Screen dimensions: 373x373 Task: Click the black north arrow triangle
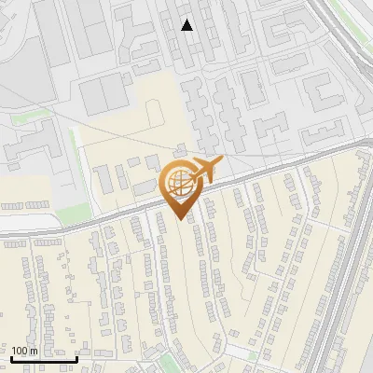[187, 25]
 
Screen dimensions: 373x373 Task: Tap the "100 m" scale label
[24, 351]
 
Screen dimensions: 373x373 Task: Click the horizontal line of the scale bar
[44, 358]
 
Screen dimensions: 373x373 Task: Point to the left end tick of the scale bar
[11, 356]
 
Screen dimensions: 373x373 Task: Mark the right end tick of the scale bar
[76, 356]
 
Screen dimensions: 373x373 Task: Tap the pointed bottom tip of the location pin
[180, 219]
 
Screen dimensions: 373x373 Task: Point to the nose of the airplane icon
[221, 162]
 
